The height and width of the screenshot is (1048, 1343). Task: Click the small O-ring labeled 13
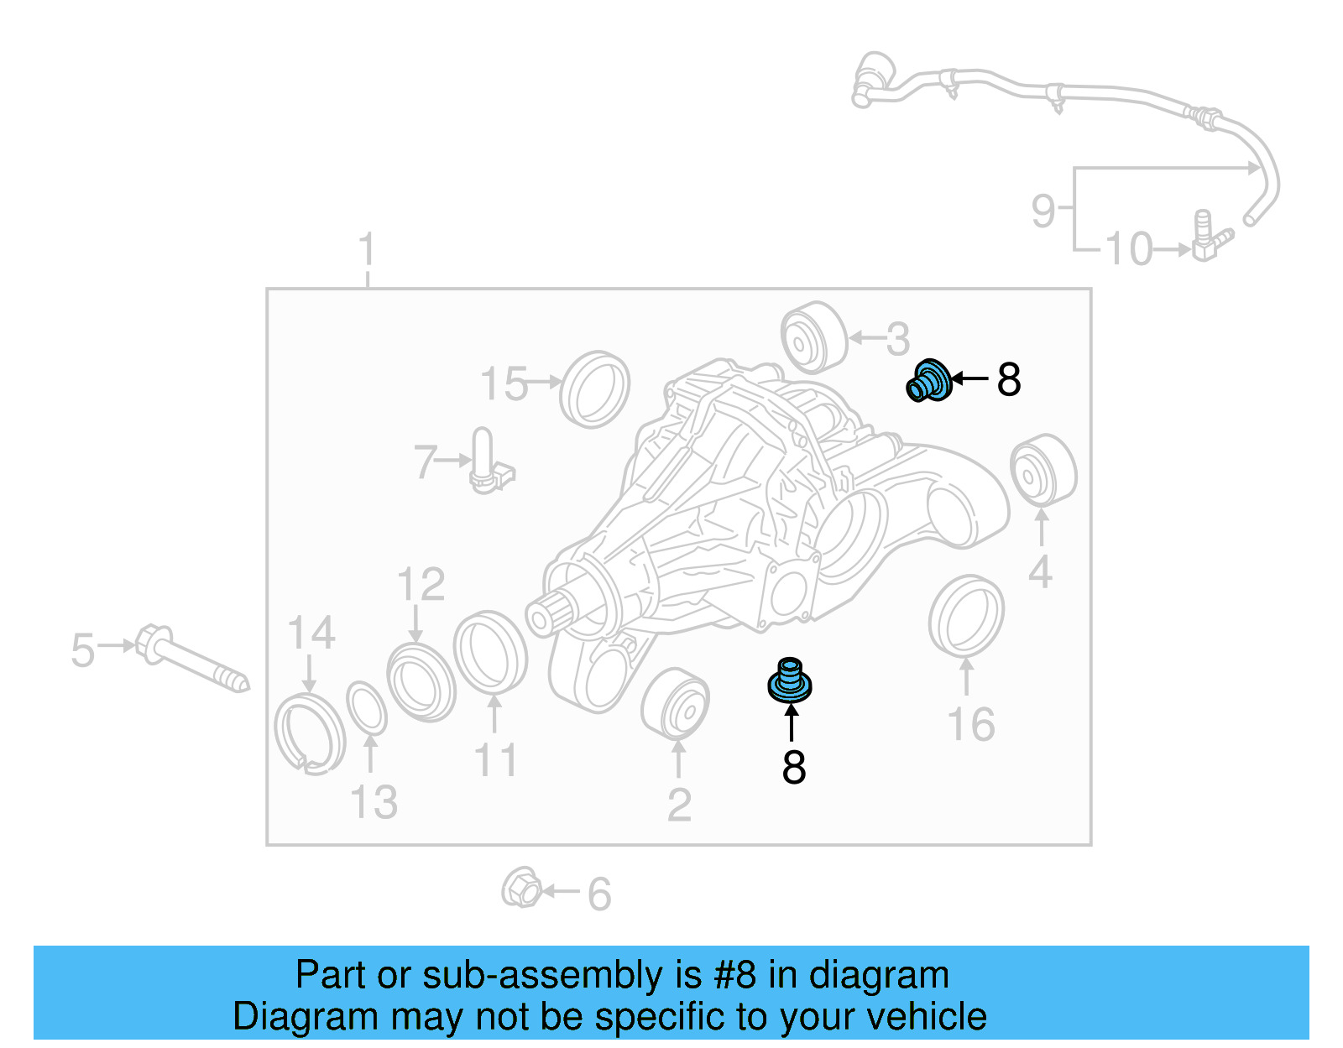pyautogui.click(x=367, y=707)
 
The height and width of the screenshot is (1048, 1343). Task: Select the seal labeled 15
pyautogui.click(x=594, y=389)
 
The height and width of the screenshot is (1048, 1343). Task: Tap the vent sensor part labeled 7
pyautogui.click(x=486, y=461)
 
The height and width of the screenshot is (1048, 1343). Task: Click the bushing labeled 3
pyautogui.click(x=813, y=337)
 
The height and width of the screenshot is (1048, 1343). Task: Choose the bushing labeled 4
pyautogui.click(x=1043, y=471)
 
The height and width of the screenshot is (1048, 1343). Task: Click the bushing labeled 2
pyautogui.click(x=675, y=704)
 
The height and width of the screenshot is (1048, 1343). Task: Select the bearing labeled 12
pyautogui.click(x=421, y=680)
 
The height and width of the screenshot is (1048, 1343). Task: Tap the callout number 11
pyautogui.click(x=495, y=760)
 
